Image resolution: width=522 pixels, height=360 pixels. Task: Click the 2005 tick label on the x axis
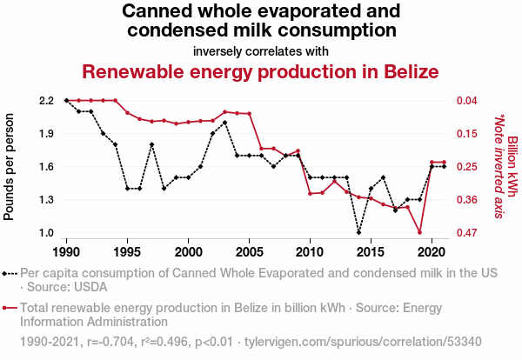click(x=249, y=252)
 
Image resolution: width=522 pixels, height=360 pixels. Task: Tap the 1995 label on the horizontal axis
click(x=127, y=252)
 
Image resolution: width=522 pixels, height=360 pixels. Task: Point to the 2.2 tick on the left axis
click(x=46, y=101)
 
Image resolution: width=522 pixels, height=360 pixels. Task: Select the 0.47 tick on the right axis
click(x=466, y=232)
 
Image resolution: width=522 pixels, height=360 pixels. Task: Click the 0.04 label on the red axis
click(x=466, y=101)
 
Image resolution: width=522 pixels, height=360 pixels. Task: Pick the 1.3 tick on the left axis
click(x=46, y=200)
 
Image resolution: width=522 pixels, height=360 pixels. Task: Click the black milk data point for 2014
click(x=358, y=232)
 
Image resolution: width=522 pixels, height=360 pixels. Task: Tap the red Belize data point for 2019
click(x=419, y=232)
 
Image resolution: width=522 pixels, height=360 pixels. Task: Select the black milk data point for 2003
click(x=224, y=123)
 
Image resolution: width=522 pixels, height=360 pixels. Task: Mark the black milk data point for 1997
click(x=151, y=144)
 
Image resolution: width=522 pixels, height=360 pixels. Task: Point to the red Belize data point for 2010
click(x=310, y=194)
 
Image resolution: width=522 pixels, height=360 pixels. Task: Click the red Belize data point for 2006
click(x=261, y=149)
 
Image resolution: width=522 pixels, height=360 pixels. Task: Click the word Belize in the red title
click(x=412, y=71)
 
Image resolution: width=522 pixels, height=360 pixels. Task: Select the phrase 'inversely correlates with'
click(x=261, y=51)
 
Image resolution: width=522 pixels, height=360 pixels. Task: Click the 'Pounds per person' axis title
click(x=9, y=167)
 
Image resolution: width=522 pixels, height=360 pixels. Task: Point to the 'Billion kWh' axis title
click(x=512, y=166)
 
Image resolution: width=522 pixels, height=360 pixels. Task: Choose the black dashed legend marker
click(x=10, y=274)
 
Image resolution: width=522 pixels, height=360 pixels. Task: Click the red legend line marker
click(x=10, y=308)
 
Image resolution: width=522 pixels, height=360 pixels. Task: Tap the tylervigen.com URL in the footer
click(x=363, y=342)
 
